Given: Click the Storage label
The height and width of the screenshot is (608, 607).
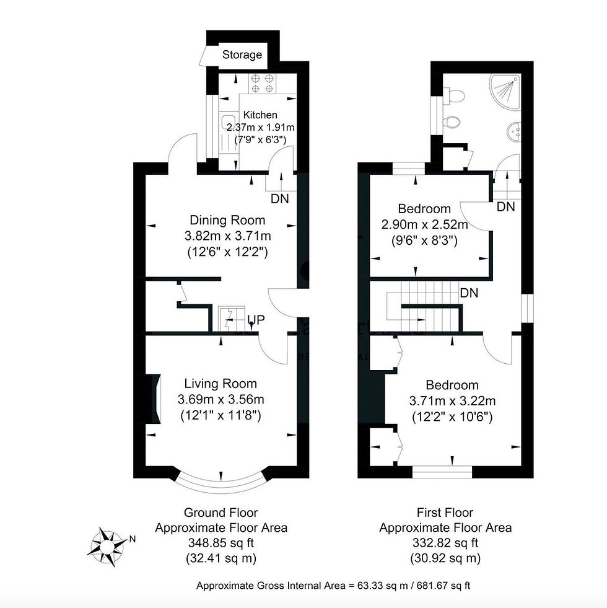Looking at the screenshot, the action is point(242,55).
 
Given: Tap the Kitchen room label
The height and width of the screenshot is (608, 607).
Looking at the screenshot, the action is point(260,115).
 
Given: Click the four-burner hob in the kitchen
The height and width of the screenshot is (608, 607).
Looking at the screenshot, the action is point(262,84).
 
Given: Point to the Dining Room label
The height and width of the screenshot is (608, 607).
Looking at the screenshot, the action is point(227,220).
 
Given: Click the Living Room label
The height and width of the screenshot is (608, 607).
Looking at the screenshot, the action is point(221,384).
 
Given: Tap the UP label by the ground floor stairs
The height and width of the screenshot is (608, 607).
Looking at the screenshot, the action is point(256,320).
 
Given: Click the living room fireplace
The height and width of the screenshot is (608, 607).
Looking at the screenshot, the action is point(153,399).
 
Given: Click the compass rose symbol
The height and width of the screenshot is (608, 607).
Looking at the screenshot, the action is point(107,547).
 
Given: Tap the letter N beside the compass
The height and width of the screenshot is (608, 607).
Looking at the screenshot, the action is point(133,539).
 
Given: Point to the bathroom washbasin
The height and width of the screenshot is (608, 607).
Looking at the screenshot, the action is point(513,131).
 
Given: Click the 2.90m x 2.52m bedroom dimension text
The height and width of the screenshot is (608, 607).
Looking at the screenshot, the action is point(424,224).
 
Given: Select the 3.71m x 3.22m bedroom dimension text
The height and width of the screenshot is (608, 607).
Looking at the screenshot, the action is point(452,400).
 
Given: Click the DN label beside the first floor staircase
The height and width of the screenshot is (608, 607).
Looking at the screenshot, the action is point(469,293).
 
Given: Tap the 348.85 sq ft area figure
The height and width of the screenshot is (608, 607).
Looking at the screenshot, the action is point(221,543).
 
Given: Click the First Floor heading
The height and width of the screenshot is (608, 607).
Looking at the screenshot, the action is point(445,513).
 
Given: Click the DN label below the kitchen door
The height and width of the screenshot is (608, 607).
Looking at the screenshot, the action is point(279,199).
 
